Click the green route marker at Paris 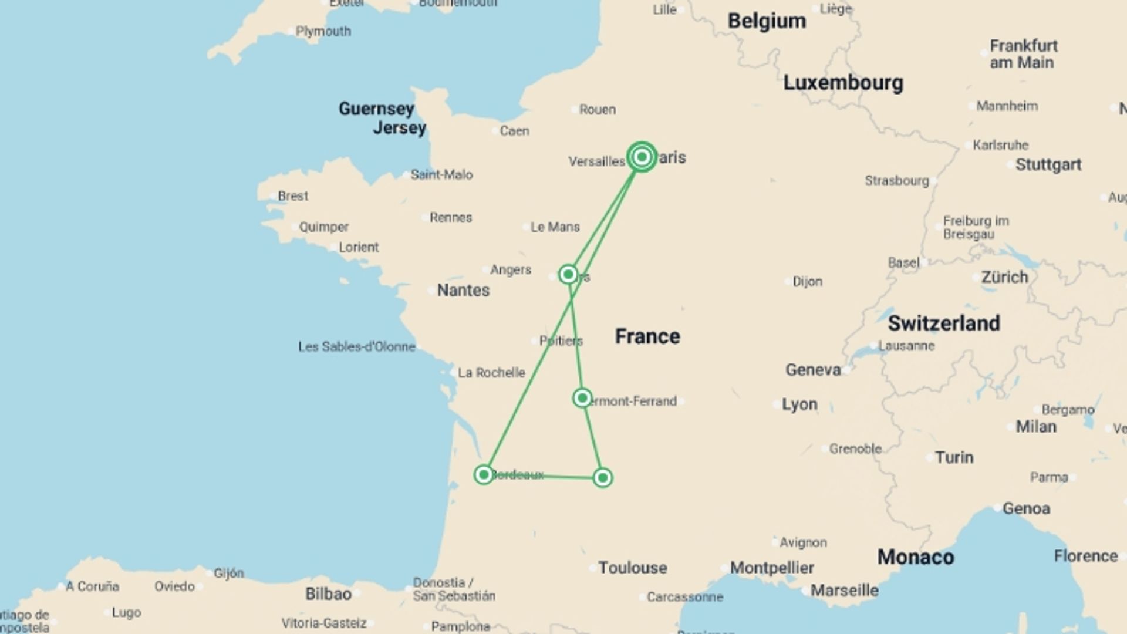(642, 157)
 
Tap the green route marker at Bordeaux (484, 474)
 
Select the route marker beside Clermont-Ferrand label (582, 398)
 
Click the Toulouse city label (632, 568)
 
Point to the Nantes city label (463, 290)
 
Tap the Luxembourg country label (843, 83)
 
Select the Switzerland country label (943, 323)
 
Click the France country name (647, 336)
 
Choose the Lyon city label (799, 404)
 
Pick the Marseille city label (844, 591)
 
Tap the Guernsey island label (376, 109)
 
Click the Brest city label (292, 196)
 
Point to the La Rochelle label (491, 373)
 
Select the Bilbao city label (328, 594)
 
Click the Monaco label (915, 557)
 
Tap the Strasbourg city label (896, 181)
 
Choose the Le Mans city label (555, 227)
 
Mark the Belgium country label (767, 21)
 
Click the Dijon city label (807, 282)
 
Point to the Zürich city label (1004, 277)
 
